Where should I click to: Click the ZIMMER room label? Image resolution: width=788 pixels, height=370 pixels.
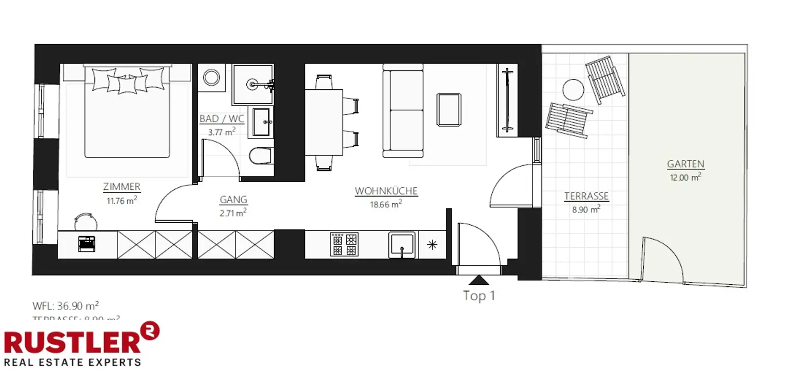pos(122,187)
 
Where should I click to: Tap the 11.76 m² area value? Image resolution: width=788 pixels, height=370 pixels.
pos(122,201)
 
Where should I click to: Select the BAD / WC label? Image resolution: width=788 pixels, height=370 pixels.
pos(222,119)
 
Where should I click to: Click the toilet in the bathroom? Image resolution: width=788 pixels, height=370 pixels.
pos(262,155)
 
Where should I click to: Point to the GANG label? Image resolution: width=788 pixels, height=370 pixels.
pos(233,200)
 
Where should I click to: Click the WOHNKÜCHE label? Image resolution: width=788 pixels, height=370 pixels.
pos(386,191)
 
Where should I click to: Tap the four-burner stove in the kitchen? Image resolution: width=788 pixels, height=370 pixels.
pos(344,244)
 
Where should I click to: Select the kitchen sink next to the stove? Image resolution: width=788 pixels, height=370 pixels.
pos(402,245)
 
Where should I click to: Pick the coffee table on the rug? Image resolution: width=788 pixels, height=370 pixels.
pos(449,109)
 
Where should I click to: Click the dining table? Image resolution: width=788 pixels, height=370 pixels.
pos(324,122)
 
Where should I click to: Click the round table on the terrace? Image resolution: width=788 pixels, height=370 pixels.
pos(574,90)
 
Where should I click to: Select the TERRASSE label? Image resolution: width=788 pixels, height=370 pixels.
pos(586,196)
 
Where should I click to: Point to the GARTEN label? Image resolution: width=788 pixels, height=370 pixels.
pos(685,164)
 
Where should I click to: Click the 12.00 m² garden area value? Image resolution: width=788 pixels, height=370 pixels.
pos(685,178)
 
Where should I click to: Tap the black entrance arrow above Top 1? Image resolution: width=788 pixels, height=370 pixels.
pos(479,280)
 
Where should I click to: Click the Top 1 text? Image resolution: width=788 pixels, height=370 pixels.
pos(479,296)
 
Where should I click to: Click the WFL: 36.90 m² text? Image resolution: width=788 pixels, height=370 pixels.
pos(65,306)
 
